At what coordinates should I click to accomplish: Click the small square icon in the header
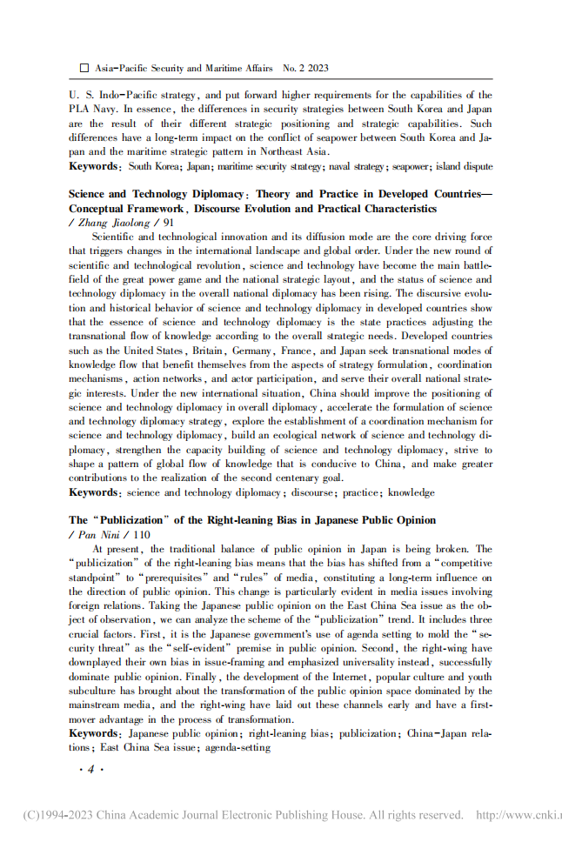click(x=84, y=67)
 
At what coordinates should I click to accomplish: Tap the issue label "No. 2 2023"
click(x=304, y=67)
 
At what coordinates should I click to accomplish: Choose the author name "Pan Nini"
click(x=101, y=534)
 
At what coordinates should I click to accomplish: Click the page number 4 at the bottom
click(x=90, y=770)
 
